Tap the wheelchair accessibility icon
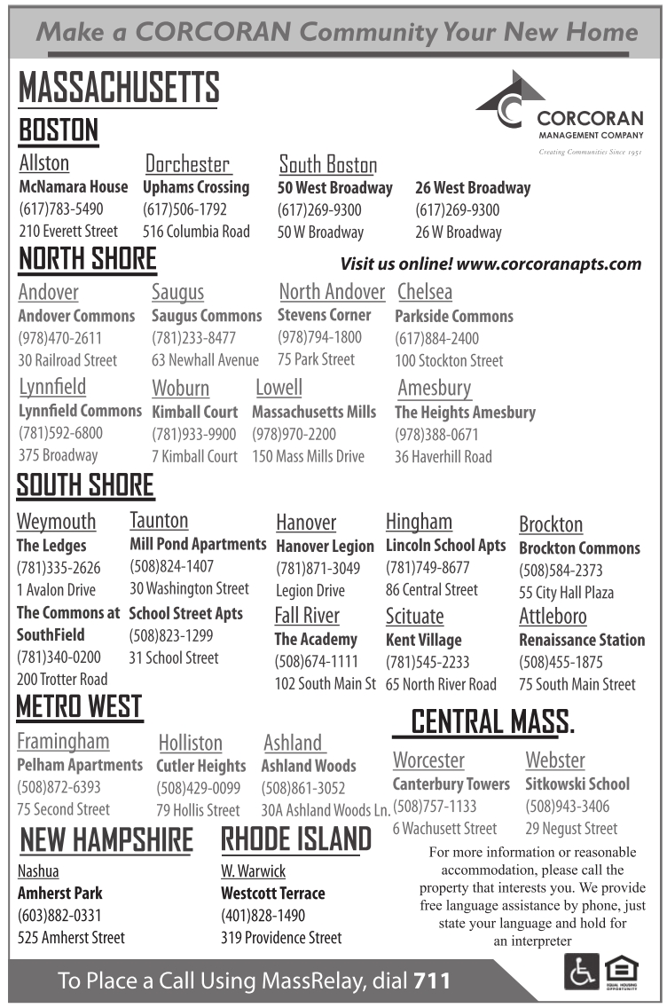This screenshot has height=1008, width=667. point(581,972)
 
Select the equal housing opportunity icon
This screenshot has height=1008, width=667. point(622,972)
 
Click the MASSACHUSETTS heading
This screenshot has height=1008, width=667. point(119,88)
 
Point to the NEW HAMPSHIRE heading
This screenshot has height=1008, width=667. point(106,839)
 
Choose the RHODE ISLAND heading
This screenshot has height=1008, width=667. point(295,839)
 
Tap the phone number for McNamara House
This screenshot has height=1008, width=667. point(61,209)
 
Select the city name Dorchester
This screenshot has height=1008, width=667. point(187,164)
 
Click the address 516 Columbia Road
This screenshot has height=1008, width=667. point(196,232)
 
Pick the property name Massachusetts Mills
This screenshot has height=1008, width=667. point(314,412)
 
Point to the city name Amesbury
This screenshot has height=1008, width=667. point(434,388)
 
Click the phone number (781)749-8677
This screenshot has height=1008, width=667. point(428,568)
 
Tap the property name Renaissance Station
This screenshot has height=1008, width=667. point(582,640)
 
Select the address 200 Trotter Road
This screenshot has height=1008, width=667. point(62,680)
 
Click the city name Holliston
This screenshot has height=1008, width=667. point(190,743)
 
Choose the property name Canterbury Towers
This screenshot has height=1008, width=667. point(451,784)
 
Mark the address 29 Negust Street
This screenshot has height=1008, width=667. point(571,829)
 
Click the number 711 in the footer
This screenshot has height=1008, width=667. point(431,981)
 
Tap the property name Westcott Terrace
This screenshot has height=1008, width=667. point(272,894)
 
